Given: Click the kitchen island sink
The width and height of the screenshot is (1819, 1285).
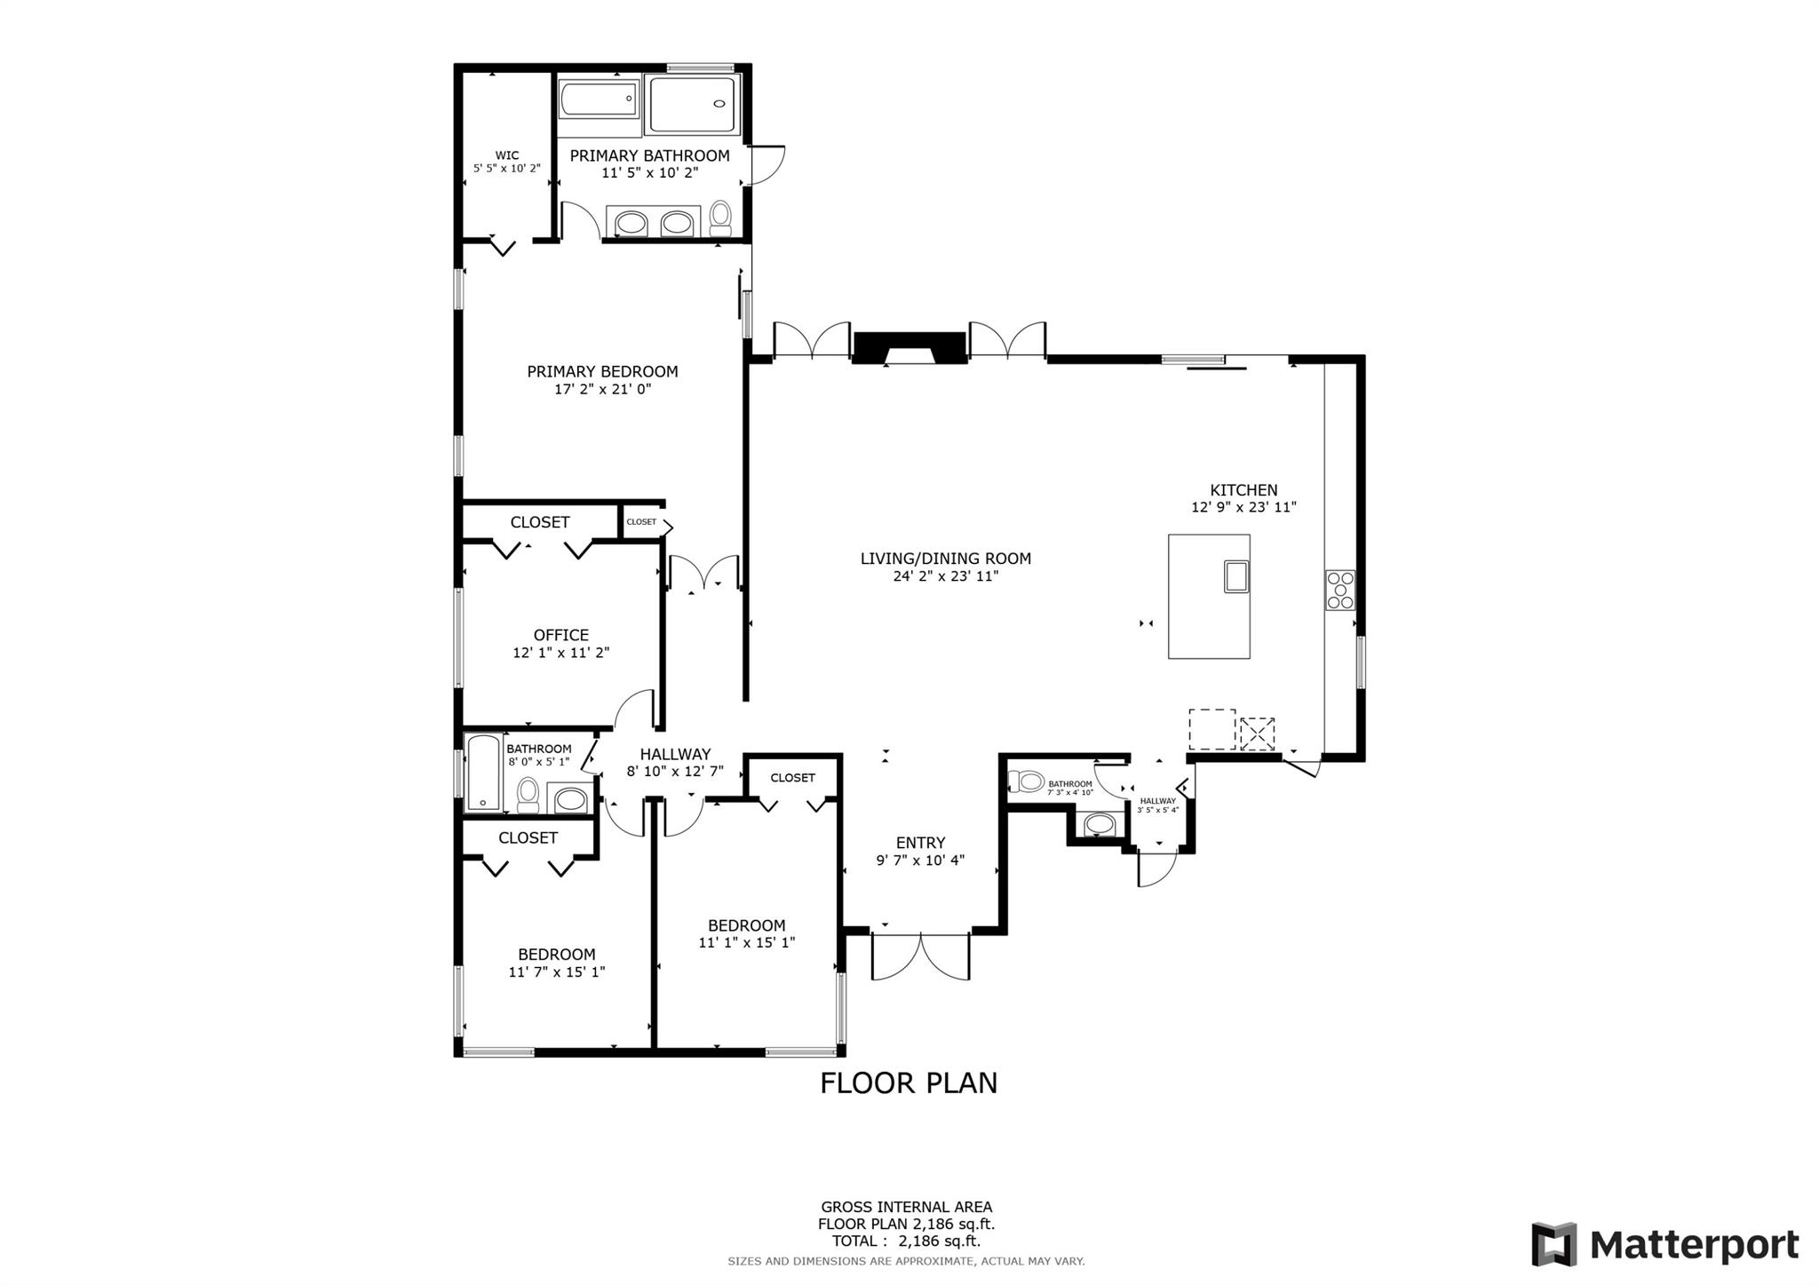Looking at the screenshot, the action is point(1236,576).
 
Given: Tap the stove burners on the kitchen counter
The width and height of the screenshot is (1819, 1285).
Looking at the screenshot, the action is point(1340,590).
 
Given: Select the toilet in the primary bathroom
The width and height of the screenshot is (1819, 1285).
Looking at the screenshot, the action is point(720,218).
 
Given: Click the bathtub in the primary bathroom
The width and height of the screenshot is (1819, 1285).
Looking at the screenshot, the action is point(599,99).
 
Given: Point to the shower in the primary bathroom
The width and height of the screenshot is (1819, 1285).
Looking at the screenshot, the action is point(693,105).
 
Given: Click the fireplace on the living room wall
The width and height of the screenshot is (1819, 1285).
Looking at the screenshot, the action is point(909,348).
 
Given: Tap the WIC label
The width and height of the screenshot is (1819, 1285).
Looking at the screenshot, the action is point(507,155).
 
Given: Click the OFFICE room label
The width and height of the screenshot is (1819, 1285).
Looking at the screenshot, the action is point(561,635).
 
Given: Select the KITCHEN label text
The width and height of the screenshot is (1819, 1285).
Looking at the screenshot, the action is point(1243,489).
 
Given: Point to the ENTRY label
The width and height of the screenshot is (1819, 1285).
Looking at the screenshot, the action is point(920,843).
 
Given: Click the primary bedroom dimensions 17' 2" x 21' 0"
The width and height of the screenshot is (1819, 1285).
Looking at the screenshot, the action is point(602,389).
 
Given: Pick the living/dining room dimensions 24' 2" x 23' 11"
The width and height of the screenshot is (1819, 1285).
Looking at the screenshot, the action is point(946,576).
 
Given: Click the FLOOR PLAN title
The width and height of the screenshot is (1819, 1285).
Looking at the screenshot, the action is point(909,1083).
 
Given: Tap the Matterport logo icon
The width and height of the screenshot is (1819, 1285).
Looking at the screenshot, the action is point(1554,1244).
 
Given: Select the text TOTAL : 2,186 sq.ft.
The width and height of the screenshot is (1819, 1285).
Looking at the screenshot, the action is point(906,1241).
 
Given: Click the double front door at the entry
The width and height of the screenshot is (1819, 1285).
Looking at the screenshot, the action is point(920,956).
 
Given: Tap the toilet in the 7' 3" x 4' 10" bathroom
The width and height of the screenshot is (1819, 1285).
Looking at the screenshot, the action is point(1026,781).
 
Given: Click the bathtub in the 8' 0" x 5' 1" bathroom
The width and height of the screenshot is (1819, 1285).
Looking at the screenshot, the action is point(483,773).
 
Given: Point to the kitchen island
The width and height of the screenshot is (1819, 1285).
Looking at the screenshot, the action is point(1209,596).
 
